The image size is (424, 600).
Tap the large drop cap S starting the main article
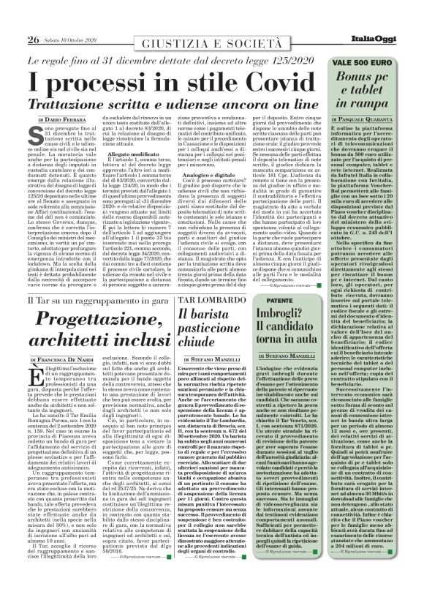click(x=35, y=135)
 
